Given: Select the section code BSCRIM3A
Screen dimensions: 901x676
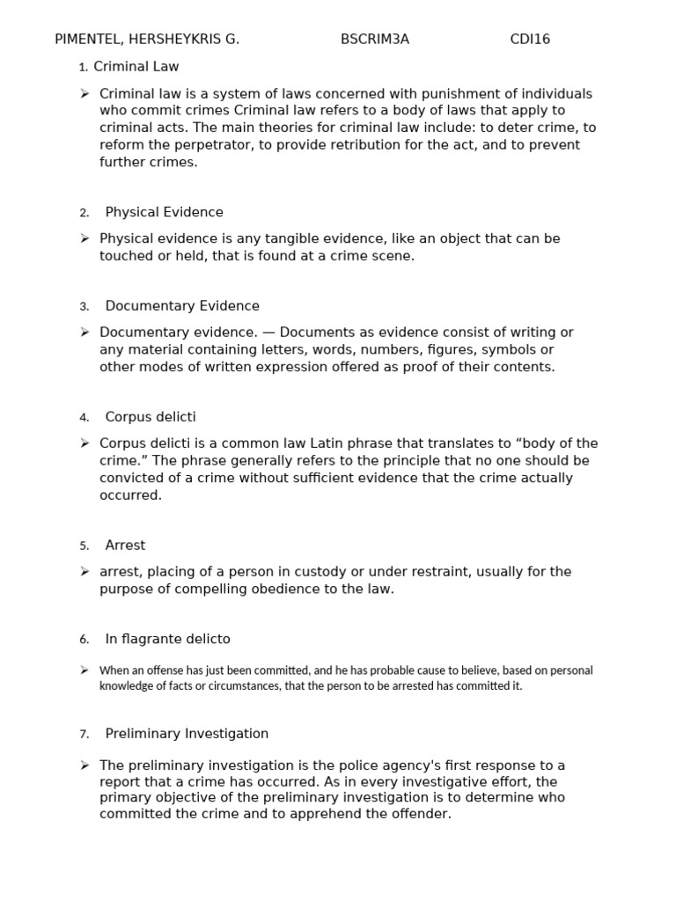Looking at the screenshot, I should (375, 40).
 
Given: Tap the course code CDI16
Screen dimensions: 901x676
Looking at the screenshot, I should (530, 40).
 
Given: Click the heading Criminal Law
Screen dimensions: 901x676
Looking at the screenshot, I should (136, 67).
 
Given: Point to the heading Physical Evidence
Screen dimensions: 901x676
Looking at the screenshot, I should (164, 212).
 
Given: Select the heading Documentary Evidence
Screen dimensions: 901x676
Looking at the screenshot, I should (182, 306).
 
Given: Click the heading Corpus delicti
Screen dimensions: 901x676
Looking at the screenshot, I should (151, 417).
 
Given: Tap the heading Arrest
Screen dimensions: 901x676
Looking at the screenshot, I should (125, 546).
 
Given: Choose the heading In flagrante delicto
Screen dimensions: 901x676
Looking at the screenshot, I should (167, 639).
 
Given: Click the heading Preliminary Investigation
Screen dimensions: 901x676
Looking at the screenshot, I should (187, 734).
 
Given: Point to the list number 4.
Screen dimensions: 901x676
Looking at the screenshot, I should (84, 418).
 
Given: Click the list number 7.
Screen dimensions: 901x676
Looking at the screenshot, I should (84, 735).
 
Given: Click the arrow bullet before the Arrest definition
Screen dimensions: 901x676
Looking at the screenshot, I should (84, 572).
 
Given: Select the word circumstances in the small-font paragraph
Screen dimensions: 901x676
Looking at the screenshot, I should (234, 686).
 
